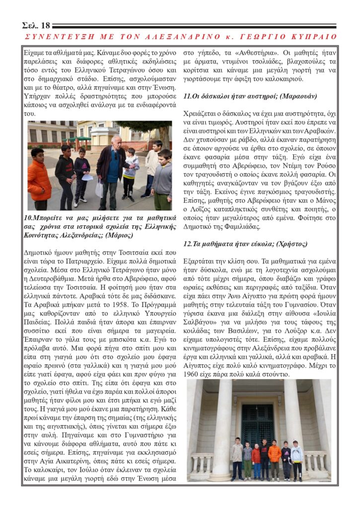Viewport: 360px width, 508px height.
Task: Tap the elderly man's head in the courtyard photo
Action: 116,142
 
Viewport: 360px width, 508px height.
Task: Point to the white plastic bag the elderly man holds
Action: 99,188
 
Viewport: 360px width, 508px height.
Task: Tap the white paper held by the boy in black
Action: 86,177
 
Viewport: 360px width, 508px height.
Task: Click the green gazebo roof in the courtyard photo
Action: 80,138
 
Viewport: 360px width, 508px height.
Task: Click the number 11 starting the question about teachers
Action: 187,96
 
